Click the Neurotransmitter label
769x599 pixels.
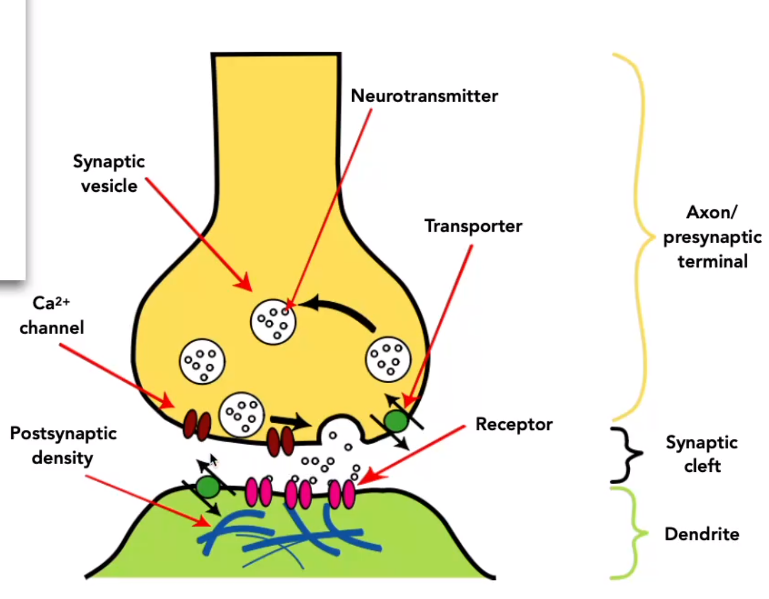[x=424, y=96]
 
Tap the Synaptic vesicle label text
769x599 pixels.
[x=109, y=173]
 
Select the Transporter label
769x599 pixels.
[x=473, y=226]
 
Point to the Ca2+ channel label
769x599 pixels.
[x=51, y=316]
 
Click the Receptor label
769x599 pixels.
[x=514, y=424]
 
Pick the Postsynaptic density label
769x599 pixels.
[x=63, y=445]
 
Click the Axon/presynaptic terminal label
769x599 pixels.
[x=712, y=237]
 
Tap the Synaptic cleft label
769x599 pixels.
[x=702, y=453]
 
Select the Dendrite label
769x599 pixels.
[x=702, y=534]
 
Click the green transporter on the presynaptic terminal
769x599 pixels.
[x=396, y=421]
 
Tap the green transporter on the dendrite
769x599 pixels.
[x=208, y=487]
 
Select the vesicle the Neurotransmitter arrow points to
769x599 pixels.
[x=273, y=322]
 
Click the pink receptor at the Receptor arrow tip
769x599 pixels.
[x=342, y=494]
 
